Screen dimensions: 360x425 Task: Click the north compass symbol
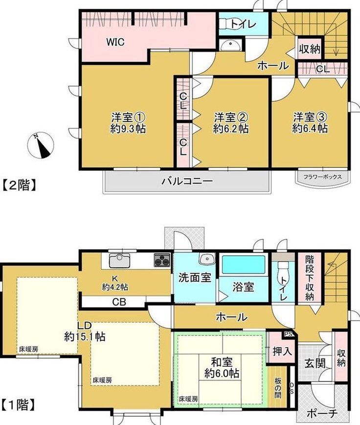pyautogui.click(x=41, y=145)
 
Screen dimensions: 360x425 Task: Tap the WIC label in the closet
pyautogui.click(x=115, y=42)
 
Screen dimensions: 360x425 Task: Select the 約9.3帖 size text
pyautogui.click(x=128, y=128)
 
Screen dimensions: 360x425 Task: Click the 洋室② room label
pyautogui.click(x=231, y=118)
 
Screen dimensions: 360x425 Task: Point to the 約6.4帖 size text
pyautogui.click(x=310, y=128)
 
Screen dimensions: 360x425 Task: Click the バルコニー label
pyautogui.click(x=187, y=181)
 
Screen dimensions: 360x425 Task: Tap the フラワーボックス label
pyautogui.click(x=322, y=177)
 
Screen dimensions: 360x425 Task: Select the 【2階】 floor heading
pyautogui.click(x=20, y=186)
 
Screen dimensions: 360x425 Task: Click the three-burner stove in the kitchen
pyautogui.click(x=162, y=260)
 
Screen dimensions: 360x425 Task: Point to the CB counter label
pyautogui.click(x=119, y=302)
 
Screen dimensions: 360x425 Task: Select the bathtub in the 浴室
pyautogui.click(x=243, y=265)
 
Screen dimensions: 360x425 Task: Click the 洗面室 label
pyautogui.click(x=195, y=278)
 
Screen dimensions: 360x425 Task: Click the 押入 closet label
pyautogui.click(x=282, y=352)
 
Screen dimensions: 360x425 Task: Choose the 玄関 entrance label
pyautogui.click(x=315, y=363)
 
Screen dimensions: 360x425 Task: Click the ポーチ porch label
pyautogui.click(x=322, y=413)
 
